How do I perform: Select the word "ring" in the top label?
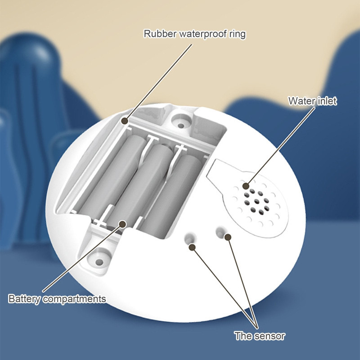(238, 35)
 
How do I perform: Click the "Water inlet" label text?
(312, 101)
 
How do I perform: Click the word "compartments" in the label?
(74, 299)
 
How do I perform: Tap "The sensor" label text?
(260, 336)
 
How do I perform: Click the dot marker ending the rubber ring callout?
(125, 121)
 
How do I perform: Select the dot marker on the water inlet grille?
(246, 186)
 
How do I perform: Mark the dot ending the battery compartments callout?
(123, 224)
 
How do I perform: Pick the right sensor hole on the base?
(221, 232)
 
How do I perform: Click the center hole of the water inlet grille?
(257, 202)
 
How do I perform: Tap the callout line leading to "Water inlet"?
(280, 147)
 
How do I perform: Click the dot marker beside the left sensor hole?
(192, 247)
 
